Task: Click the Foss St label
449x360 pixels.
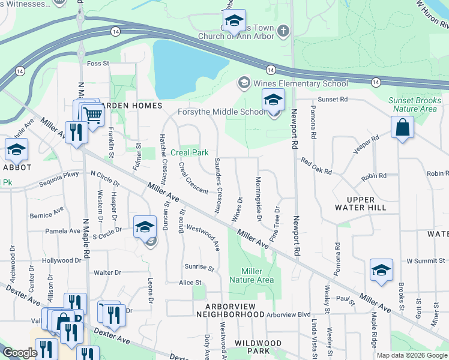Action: pyautogui.click(x=98, y=63)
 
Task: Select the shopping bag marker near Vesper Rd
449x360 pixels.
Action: pyautogui.click(x=402, y=127)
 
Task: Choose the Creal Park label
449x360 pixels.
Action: pyautogui.click(x=189, y=152)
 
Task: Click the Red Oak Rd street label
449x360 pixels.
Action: pyautogui.click(x=316, y=166)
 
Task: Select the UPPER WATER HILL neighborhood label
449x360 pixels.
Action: pyautogui.click(x=361, y=203)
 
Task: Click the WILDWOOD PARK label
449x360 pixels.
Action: pyautogui.click(x=258, y=347)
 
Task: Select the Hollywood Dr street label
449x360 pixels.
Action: pyautogui.click(x=62, y=260)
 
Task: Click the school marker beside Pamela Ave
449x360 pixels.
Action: pyautogui.click(x=145, y=227)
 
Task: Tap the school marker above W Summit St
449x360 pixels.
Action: pyautogui.click(x=381, y=271)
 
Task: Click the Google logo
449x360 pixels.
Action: pyautogui.click(x=20, y=353)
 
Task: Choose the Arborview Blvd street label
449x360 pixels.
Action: pyautogui.click(x=289, y=314)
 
